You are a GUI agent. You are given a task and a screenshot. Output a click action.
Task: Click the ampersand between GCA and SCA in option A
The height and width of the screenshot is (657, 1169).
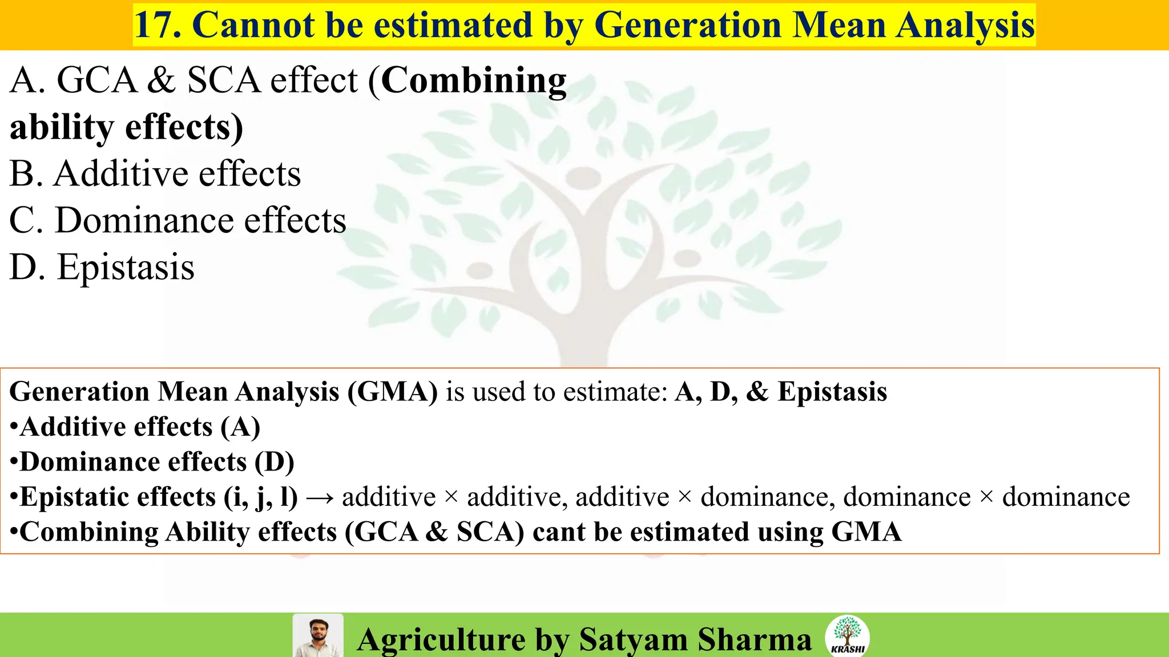coord(162,80)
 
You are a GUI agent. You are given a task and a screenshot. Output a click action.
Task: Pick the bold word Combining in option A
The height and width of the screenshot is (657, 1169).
coord(474,80)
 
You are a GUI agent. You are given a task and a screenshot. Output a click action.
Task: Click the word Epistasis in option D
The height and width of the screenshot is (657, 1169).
coord(126,267)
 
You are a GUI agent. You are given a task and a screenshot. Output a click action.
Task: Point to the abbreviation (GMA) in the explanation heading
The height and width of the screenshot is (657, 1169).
coord(393,392)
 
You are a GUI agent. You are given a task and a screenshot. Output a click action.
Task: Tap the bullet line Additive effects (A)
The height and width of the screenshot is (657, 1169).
coord(136,427)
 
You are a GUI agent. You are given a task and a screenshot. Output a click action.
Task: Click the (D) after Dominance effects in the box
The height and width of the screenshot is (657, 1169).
coord(275,462)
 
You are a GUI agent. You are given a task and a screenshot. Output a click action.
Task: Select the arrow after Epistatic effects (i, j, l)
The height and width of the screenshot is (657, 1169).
coord(320,498)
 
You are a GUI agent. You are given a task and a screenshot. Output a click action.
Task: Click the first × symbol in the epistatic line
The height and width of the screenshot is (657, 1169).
coord(451,497)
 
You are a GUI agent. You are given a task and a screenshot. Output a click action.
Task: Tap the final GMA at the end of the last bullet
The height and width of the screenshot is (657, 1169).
coord(866,532)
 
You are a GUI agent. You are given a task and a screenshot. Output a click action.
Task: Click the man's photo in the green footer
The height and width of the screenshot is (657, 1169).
coord(318,635)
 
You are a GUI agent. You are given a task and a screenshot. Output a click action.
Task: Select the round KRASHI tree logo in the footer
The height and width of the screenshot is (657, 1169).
coord(847,636)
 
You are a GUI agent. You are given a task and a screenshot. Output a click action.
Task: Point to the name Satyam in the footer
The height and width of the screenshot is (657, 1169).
coord(633,639)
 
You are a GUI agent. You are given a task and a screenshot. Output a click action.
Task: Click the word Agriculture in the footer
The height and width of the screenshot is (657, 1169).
coord(441,639)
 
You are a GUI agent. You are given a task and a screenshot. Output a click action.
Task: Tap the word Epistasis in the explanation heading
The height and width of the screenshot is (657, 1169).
coord(832,392)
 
